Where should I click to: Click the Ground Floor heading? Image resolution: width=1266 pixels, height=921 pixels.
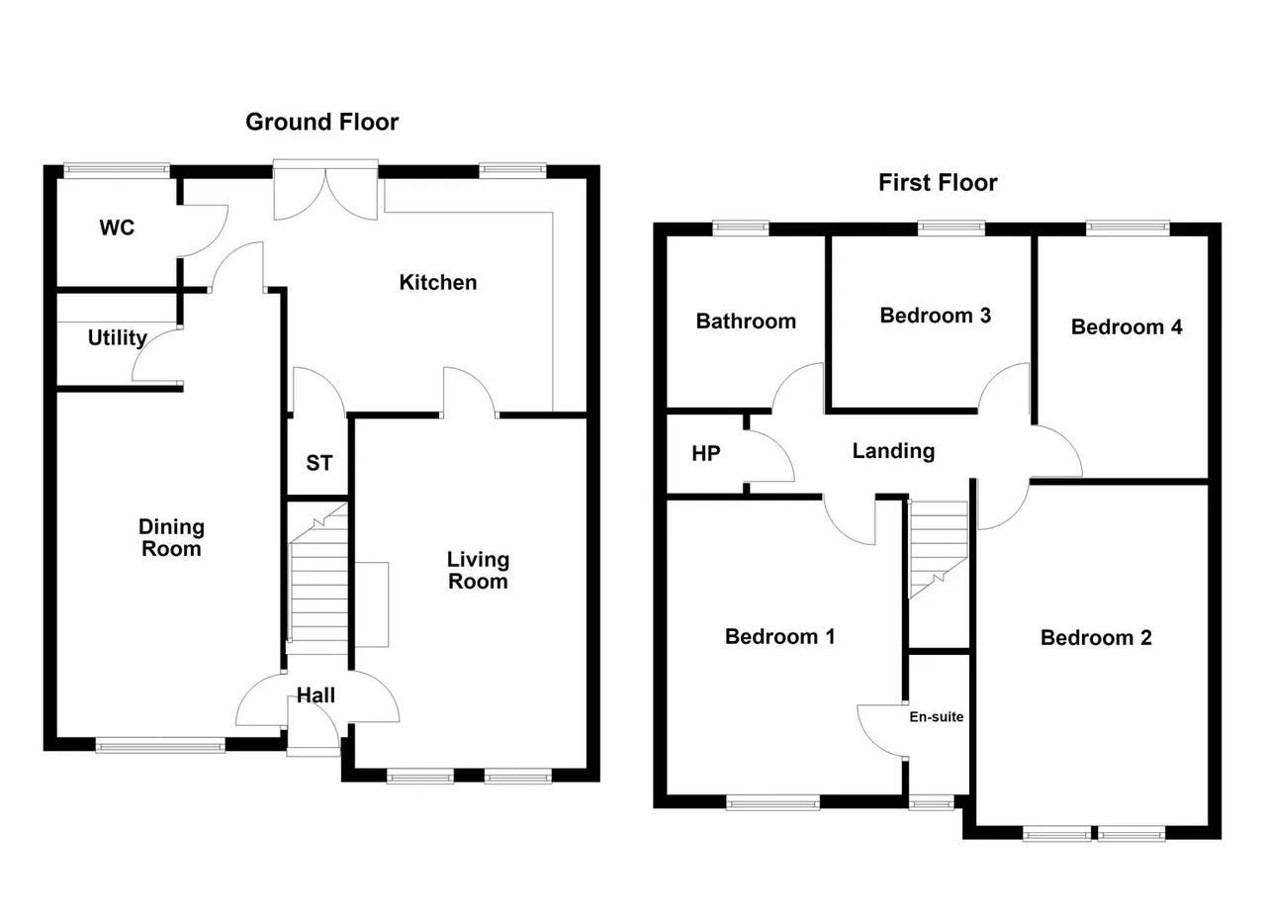(321, 123)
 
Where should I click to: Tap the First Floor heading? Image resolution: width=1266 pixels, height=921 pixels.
(938, 183)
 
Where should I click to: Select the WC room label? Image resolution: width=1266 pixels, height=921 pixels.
(117, 228)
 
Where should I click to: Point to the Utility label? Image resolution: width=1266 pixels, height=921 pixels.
(118, 338)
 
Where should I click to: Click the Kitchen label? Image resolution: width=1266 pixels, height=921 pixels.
(438, 283)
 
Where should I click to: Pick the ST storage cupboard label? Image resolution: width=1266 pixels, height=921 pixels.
(318, 463)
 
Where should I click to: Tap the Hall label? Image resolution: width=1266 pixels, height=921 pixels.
(316, 694)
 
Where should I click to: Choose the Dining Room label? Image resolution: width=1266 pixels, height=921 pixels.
(171, 538)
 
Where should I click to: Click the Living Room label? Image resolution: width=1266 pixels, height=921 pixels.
(478, 571)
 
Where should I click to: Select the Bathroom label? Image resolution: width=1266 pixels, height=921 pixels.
(746, 322)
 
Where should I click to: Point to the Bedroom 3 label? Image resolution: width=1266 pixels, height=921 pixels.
(936, 316)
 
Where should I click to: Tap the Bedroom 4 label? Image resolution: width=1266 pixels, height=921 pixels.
(1127, 327)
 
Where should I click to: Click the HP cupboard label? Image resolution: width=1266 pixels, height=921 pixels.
(706, 453)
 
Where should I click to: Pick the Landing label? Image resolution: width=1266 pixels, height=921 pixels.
(893, 452)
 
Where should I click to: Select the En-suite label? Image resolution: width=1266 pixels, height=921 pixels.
(936, 717)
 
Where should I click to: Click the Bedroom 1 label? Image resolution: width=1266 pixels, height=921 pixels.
(780, 637)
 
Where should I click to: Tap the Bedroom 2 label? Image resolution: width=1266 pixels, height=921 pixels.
(1096, 638)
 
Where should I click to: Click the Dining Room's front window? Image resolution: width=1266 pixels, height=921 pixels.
(160, 746)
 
